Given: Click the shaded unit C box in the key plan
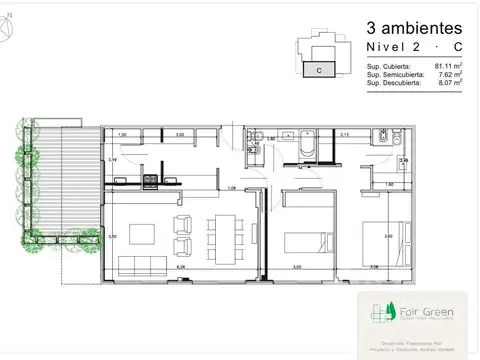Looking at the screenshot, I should pyautogui.click(x=317, y=70).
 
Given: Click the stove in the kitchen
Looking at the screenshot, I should pyautogui.click(x=150, y=181).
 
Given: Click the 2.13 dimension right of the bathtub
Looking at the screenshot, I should pyautogui.click(x=344, y=133).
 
